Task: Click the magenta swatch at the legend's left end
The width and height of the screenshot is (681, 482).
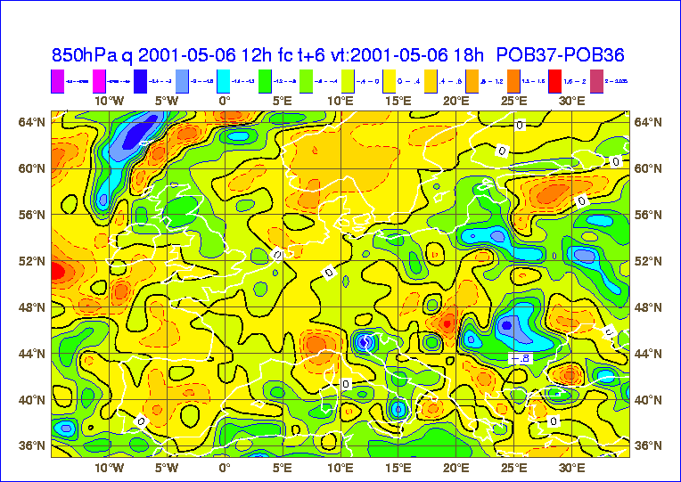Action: click(59, 80)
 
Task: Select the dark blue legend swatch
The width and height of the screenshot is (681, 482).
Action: click(142, 80)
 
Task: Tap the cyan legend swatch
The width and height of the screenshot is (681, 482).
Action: click(225, 80)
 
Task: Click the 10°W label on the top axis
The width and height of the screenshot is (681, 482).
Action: click(109, 102)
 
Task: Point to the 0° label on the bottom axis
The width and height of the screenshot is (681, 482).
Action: click(225, 467)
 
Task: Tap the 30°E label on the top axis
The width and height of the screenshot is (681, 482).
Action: click(571, 102)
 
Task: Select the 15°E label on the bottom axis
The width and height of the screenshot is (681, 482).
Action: click(398, 467)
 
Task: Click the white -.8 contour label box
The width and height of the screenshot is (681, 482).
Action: click(518, 357)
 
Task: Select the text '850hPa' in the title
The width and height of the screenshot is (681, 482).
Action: click(83, 53)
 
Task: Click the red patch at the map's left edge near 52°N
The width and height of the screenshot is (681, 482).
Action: click(55, 270)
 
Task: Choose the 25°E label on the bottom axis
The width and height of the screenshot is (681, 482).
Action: click(513, 467)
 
